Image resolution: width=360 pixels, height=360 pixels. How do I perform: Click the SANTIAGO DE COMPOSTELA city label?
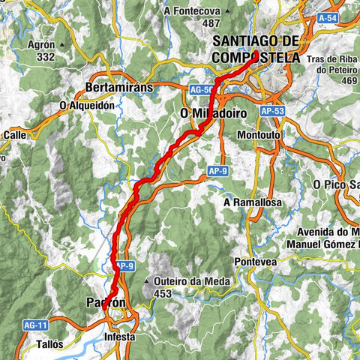tap(256, 49)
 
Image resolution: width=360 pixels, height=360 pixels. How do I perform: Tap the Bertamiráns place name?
tap(120, 87)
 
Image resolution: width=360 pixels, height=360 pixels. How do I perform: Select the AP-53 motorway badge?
tap(272, 109)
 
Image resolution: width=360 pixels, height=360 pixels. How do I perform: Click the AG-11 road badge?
tap(35, 325)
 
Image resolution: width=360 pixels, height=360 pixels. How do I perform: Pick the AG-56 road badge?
tap(199, 88)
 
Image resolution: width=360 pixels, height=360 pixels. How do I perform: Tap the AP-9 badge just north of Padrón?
tap(123, 265)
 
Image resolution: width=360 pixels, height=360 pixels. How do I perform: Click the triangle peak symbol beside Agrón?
tap(62, 44)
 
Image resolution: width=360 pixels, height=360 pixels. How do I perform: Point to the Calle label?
tap(15, 135)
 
